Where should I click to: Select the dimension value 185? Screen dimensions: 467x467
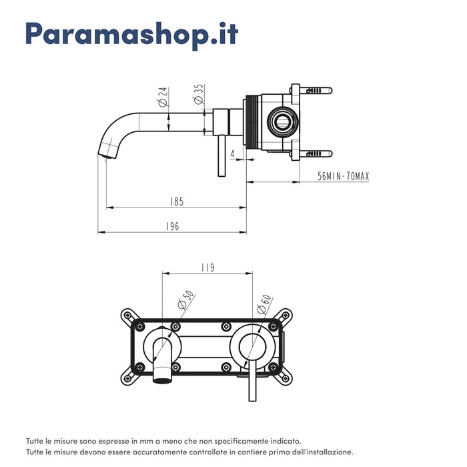[x=176, y=201]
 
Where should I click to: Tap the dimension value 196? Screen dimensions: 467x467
[x=172, y=226]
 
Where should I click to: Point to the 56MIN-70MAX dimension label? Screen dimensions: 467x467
[x=343, y=176]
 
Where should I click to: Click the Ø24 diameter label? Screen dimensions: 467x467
[x=162, y=98]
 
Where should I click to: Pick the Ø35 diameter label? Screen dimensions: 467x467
[x=198, y=94]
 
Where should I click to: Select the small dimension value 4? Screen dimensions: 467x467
[x=231, y=155]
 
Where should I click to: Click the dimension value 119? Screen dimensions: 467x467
[x=207, y=268]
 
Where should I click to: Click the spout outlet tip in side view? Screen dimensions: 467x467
[x=103, y=155]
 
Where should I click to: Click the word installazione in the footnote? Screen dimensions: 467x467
[x=323, y=452]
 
